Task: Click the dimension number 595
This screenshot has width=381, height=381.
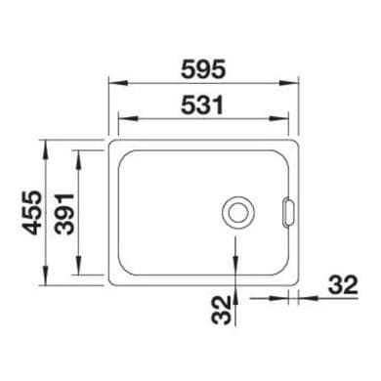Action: pos(203,69)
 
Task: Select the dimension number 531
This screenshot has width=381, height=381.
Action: pos(202,105)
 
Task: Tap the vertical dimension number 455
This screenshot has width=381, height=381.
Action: pos(32,213)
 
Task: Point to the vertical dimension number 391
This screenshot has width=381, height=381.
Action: pos(64,214)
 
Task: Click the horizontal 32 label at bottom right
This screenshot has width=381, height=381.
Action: pos(343,285)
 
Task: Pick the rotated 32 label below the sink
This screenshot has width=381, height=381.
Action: pos(221,310)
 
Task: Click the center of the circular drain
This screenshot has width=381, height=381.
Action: pos(238,213)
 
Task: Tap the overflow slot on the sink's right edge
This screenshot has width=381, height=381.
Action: pos(288,212)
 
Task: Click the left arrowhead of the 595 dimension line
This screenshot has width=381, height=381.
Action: pos(117,83)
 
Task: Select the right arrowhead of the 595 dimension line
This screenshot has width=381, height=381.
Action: pos(289,83)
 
